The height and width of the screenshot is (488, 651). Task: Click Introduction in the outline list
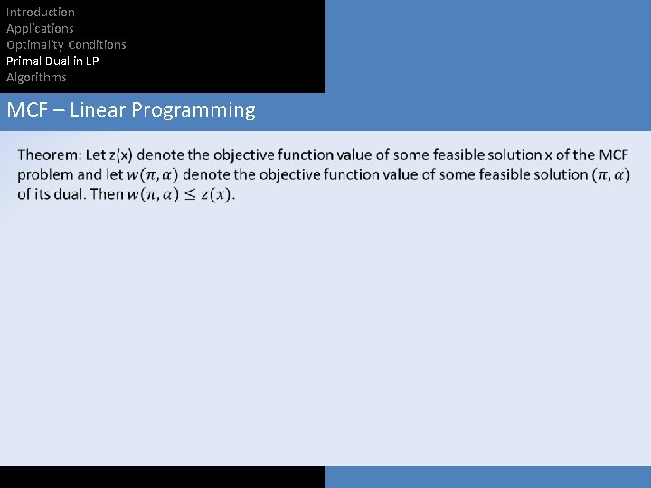tap(41, 12)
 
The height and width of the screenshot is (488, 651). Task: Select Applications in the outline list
tap(40, 28)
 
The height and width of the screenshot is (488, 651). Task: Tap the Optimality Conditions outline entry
tap(66, 44)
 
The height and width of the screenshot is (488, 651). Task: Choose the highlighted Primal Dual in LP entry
tap(52, 61)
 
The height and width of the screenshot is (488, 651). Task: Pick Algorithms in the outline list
tap(36, 77)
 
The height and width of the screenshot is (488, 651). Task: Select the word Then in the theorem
tap(107, 194)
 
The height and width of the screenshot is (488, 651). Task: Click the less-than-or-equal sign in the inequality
tap(185, 194)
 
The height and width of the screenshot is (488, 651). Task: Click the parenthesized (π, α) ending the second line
tap(611, 174)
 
